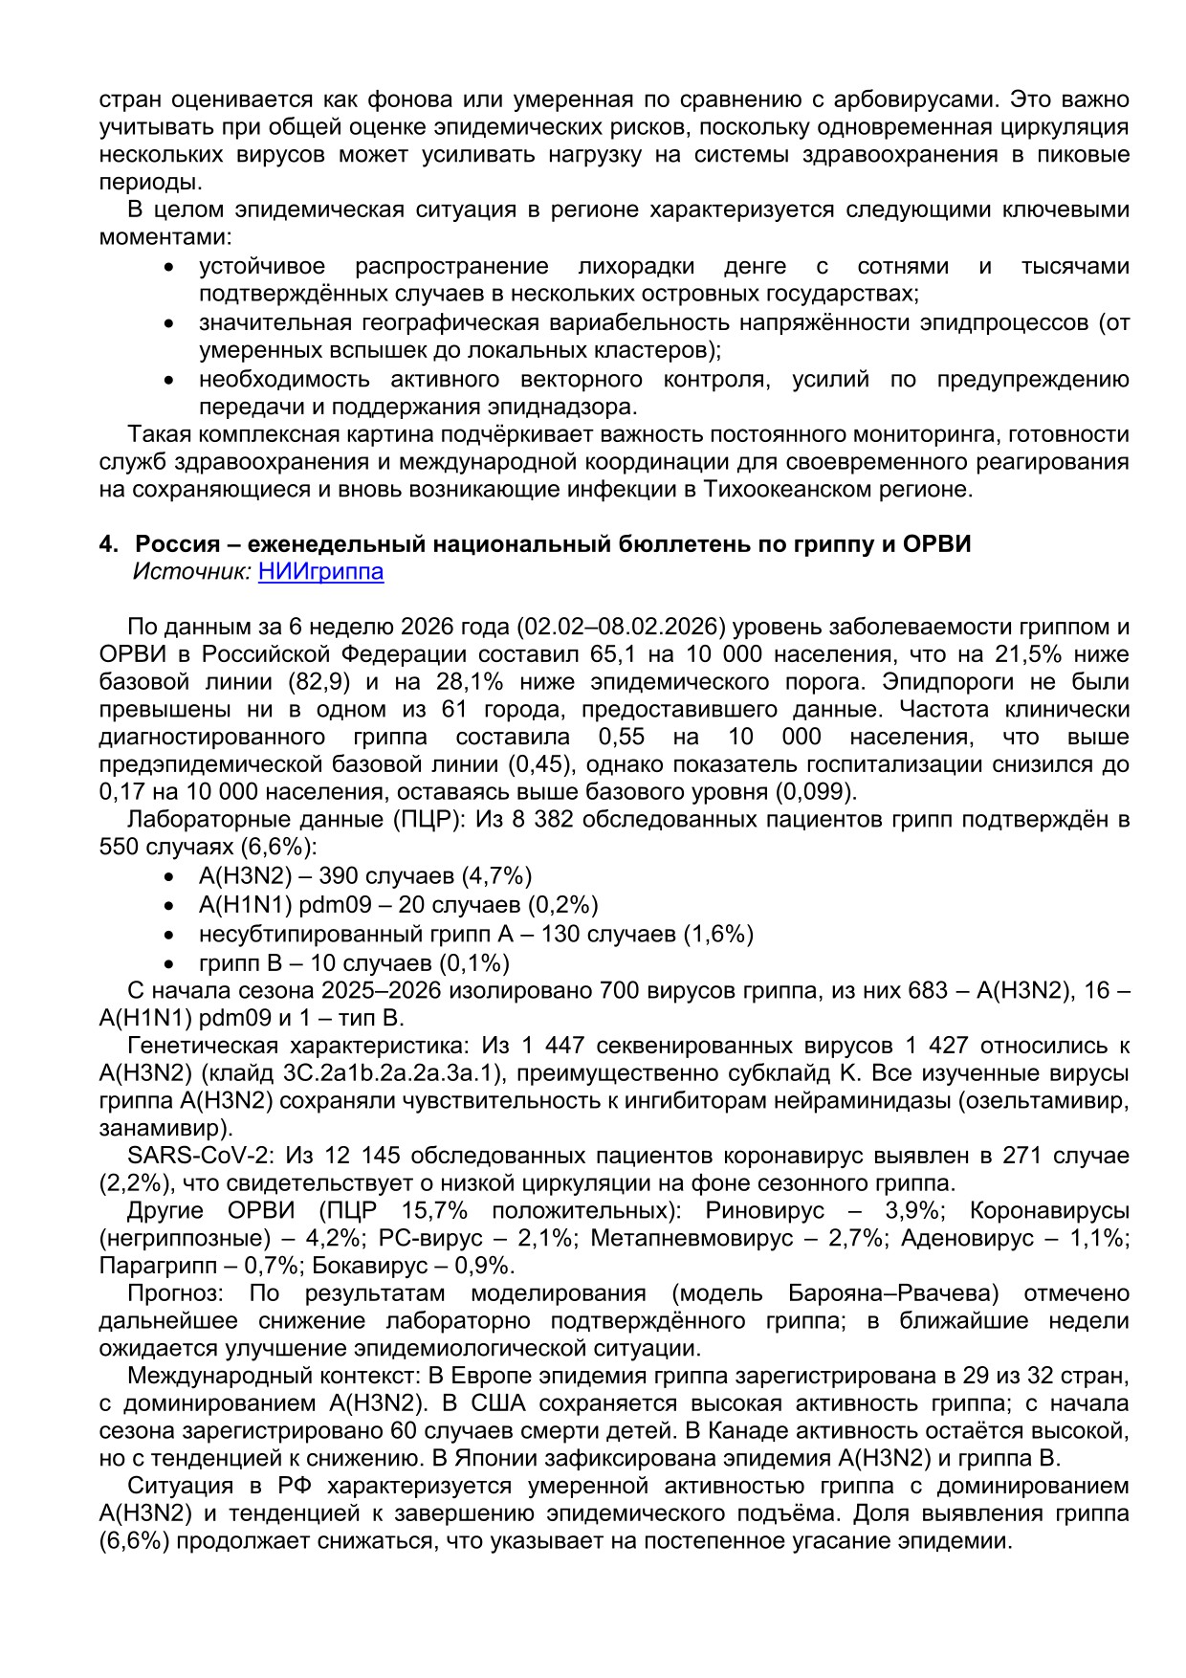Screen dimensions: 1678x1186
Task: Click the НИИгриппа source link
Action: (320, 572)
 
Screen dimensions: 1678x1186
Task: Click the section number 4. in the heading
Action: (108, 544)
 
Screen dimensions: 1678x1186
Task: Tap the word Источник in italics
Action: (192, 572)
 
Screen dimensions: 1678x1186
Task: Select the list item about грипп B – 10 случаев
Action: (354, 962)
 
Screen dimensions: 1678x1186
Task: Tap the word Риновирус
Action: (764, 1210)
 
